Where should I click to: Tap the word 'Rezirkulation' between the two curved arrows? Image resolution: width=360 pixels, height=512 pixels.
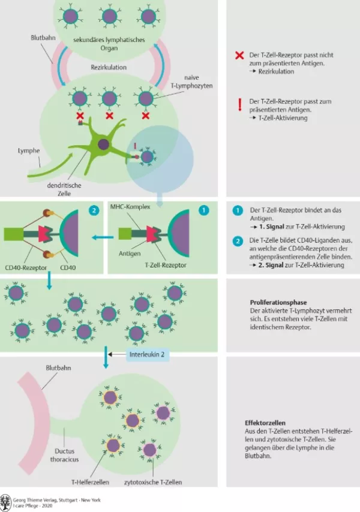click(109, 68)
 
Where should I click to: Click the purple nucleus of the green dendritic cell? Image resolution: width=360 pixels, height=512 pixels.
click(104, 144)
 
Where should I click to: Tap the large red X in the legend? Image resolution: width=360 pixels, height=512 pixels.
click(239, 56)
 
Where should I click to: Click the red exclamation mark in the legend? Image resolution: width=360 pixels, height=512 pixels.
click(239, 106)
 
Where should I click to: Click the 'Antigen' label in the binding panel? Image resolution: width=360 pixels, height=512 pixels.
click(130, 252)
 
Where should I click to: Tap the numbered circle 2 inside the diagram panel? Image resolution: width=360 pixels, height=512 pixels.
click(94, 210)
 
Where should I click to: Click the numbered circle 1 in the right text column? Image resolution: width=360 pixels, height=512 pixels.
click(238, 211)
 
